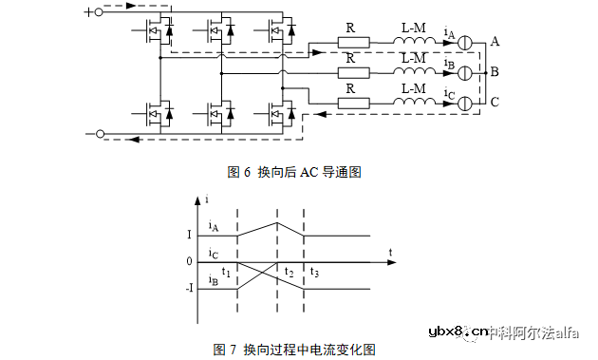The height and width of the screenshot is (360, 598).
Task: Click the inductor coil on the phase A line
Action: pos(413,43)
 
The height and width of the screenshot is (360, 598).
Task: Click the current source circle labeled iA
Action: pos(464,44)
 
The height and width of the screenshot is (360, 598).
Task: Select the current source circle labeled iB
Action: pos(464,72)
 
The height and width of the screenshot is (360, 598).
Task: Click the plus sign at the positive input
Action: pos(88,12)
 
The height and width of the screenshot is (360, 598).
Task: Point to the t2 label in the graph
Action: pos(289,272)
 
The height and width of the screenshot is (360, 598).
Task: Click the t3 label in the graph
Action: pos(314,273)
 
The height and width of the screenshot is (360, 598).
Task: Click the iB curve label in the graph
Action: pos(215,280)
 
